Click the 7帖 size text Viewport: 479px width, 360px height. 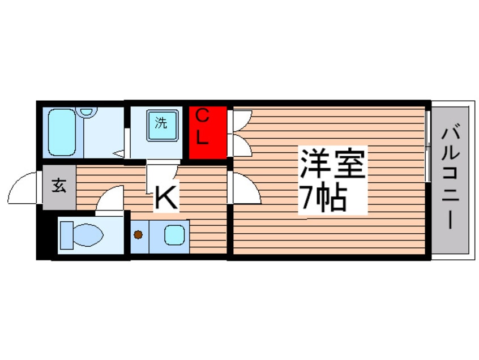(x=323, y=199)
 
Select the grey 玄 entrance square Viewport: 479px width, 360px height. (x=58, y=187)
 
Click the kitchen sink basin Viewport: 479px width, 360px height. (x=174, y=234)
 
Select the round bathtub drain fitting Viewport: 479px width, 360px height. (x=87, y=112)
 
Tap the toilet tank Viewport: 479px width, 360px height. (x=64, y=234)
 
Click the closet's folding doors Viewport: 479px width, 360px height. (x=240, y=133)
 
